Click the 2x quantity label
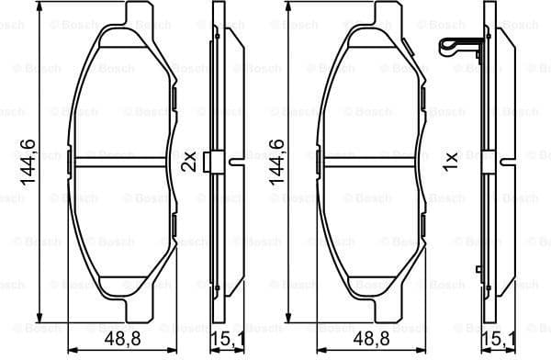(x=188, y=162)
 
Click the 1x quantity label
(x=449, y=162)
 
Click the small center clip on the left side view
(x=210, y=162)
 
